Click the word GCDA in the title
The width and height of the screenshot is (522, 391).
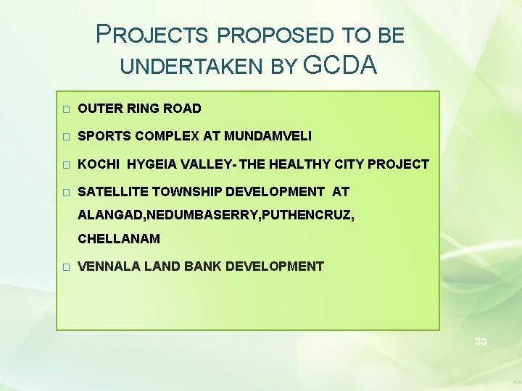341,65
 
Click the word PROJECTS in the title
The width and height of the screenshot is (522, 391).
153,35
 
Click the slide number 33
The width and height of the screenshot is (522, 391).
481,341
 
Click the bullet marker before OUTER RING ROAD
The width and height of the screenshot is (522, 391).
66,109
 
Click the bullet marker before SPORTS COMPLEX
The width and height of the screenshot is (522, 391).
66,137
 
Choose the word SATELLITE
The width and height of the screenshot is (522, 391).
110,192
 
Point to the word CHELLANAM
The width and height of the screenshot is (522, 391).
119,238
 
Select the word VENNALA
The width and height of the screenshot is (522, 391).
109,266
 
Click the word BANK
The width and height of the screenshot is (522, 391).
203,266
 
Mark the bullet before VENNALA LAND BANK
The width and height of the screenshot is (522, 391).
66,267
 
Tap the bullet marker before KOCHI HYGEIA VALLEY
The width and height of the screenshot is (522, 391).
66,165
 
